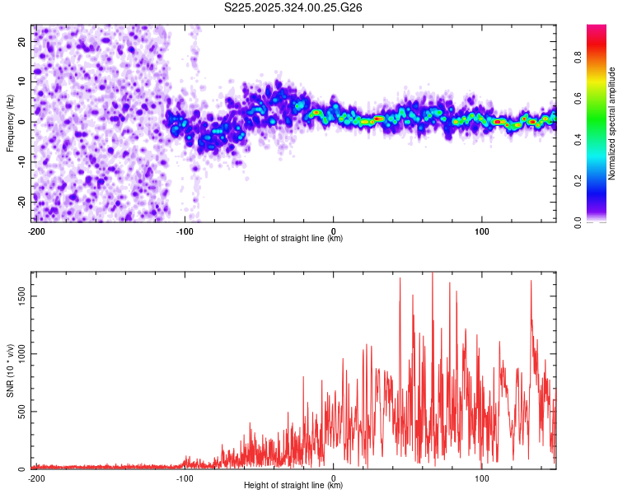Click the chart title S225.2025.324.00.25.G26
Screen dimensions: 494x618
pyautogui.click(x=294, y=7)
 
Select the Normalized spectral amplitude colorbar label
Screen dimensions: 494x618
pyautogui.click(x=612, y=123)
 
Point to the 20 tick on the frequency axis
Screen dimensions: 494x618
pyautogui.click(x=22, y=41)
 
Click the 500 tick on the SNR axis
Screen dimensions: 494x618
pyautogui.click(x=20, y=412)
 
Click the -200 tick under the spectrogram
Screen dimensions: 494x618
pyautogui.click(x=35, y=231)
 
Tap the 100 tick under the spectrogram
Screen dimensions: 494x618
pyautogui.click(x=482, y=231)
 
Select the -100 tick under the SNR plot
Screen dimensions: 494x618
pyautogui.click(x=184, y=478)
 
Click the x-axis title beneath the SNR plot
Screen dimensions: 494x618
pyautogui.click(x=293, y=486)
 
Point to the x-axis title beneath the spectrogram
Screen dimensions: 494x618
pyautogui.click(x=293, y=239)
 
